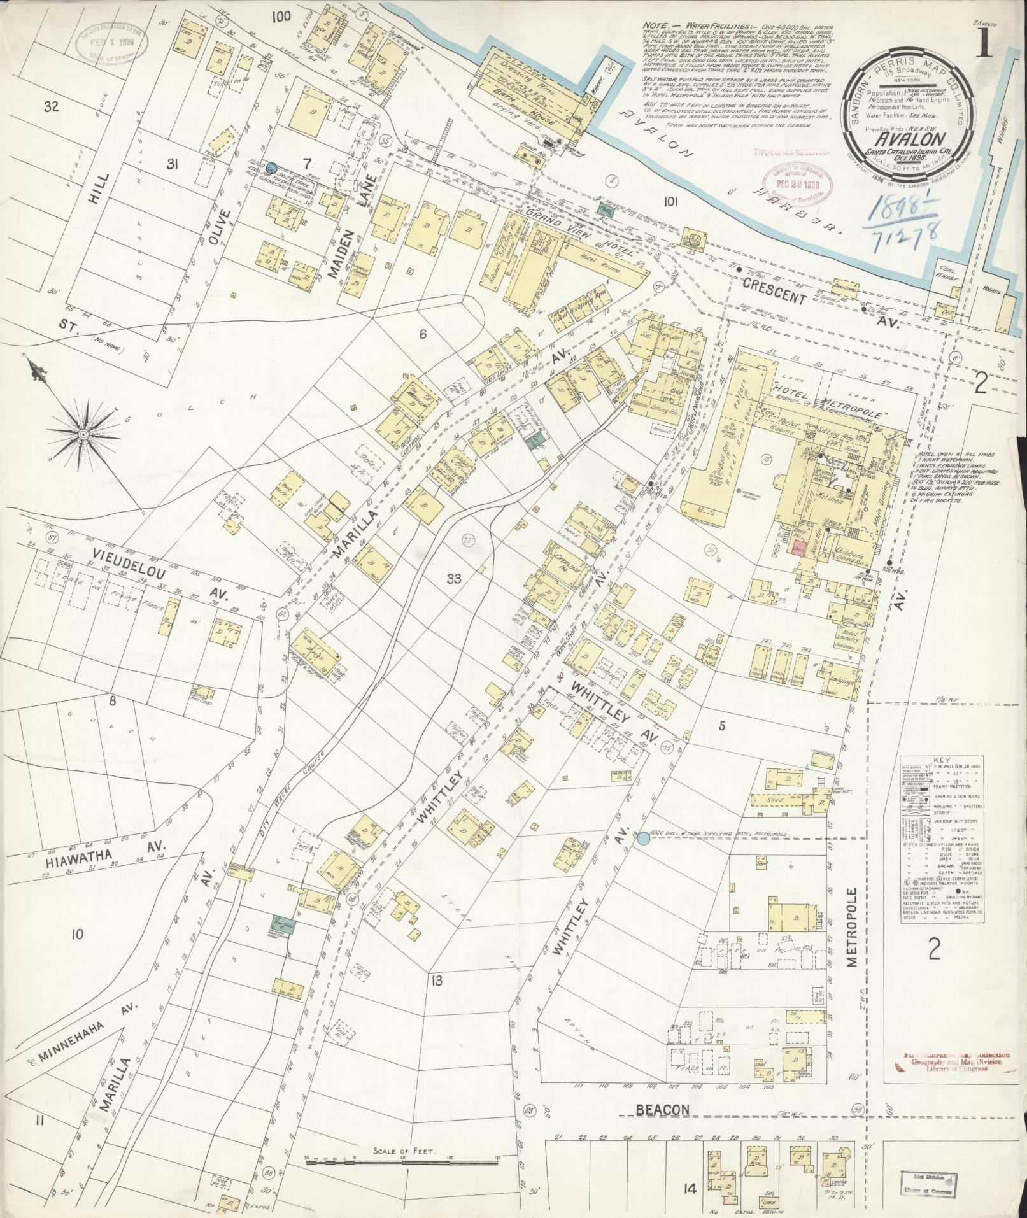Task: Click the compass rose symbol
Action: point(83,434)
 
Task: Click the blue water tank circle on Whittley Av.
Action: point(644,839)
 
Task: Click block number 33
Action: point(453,579)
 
